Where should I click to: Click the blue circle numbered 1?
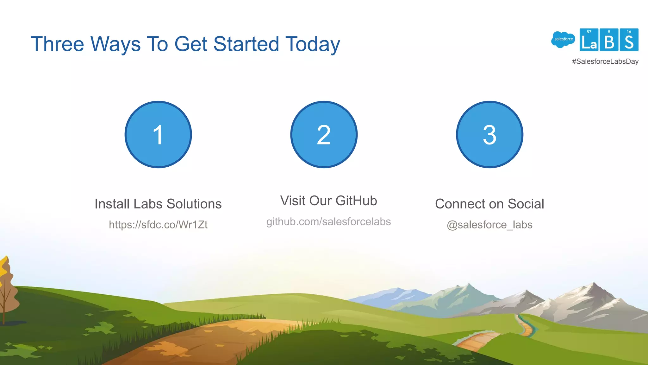pos(158,135)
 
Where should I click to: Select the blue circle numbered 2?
pos(324,135)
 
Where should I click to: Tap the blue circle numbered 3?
pos(489,135)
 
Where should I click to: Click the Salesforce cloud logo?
pos(563,40)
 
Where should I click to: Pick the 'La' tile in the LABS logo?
pos(589,40)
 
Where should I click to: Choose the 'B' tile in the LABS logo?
pos(609,40)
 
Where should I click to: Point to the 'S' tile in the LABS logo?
pos(629,40)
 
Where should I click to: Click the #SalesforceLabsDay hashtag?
pos(605,61)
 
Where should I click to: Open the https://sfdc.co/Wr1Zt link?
pos(158,225)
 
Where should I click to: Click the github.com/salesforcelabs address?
pos(328,221)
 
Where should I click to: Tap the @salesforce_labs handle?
pos(489,225)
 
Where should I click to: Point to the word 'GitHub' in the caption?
pos(356,201)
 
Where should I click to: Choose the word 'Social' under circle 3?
pos(526,204)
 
